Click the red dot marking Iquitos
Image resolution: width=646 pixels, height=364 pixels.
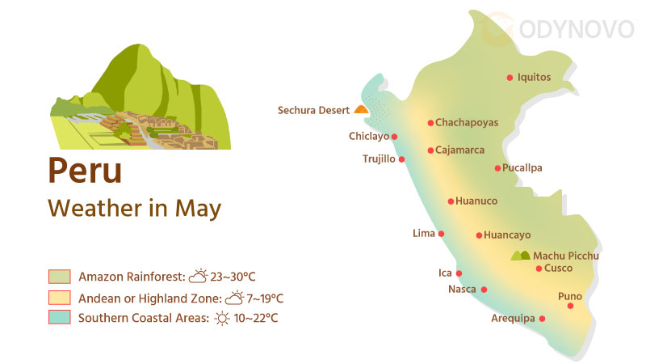pos(510,78)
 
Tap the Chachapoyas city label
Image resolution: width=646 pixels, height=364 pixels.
pos(467,123)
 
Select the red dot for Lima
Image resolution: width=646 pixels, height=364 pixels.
pos(441,234)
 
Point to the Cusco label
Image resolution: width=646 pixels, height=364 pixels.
pos(559,268)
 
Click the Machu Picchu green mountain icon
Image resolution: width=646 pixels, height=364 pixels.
pos(521,256)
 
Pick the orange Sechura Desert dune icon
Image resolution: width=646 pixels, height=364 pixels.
pos(361,109)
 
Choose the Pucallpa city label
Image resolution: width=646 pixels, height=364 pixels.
pos(522,168)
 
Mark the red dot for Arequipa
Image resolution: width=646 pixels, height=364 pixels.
pos(542,319)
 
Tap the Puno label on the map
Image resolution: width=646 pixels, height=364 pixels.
pos(570,296)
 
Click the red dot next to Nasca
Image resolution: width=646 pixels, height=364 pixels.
pos(484,289)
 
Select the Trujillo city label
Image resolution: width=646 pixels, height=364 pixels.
pos(379,159)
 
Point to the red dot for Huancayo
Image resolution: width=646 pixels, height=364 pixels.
pos(479,235)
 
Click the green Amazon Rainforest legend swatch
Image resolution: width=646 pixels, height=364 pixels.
pos(60,277)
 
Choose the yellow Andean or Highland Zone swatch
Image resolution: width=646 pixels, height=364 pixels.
pos(60,298)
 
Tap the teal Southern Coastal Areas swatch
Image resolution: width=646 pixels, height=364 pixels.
pos(60,318)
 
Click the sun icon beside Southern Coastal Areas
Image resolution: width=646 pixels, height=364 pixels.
pos(222,318)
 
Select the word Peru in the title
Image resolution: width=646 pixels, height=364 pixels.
pos(85,171)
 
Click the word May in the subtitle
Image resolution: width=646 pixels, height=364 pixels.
pos(199,208)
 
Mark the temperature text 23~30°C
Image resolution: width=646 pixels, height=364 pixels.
pos(234,277)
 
